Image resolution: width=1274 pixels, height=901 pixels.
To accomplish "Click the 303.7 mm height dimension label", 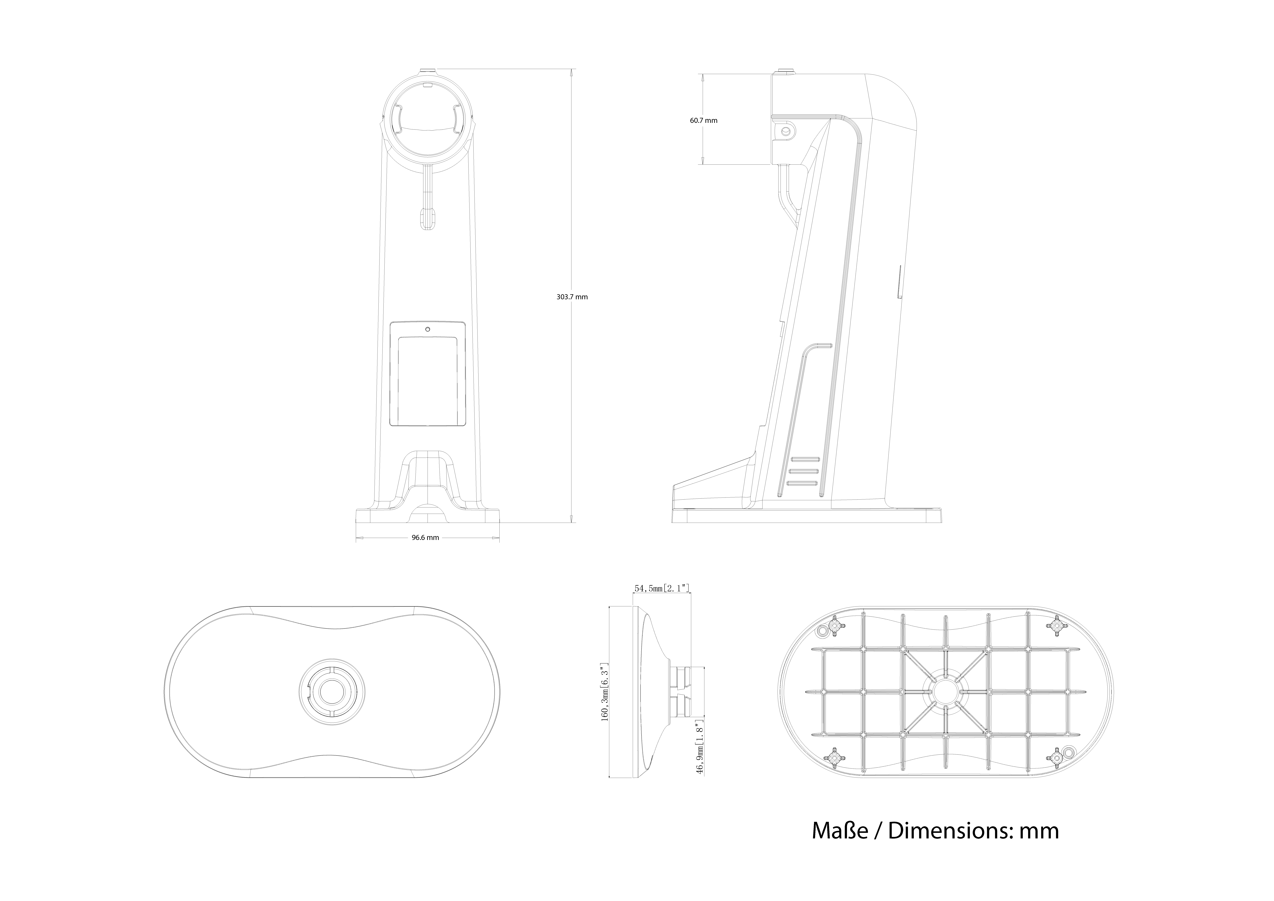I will (572, 297).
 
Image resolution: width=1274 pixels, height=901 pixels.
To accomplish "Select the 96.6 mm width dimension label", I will (425, 538).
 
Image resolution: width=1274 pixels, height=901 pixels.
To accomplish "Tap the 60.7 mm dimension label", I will (704, 120).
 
